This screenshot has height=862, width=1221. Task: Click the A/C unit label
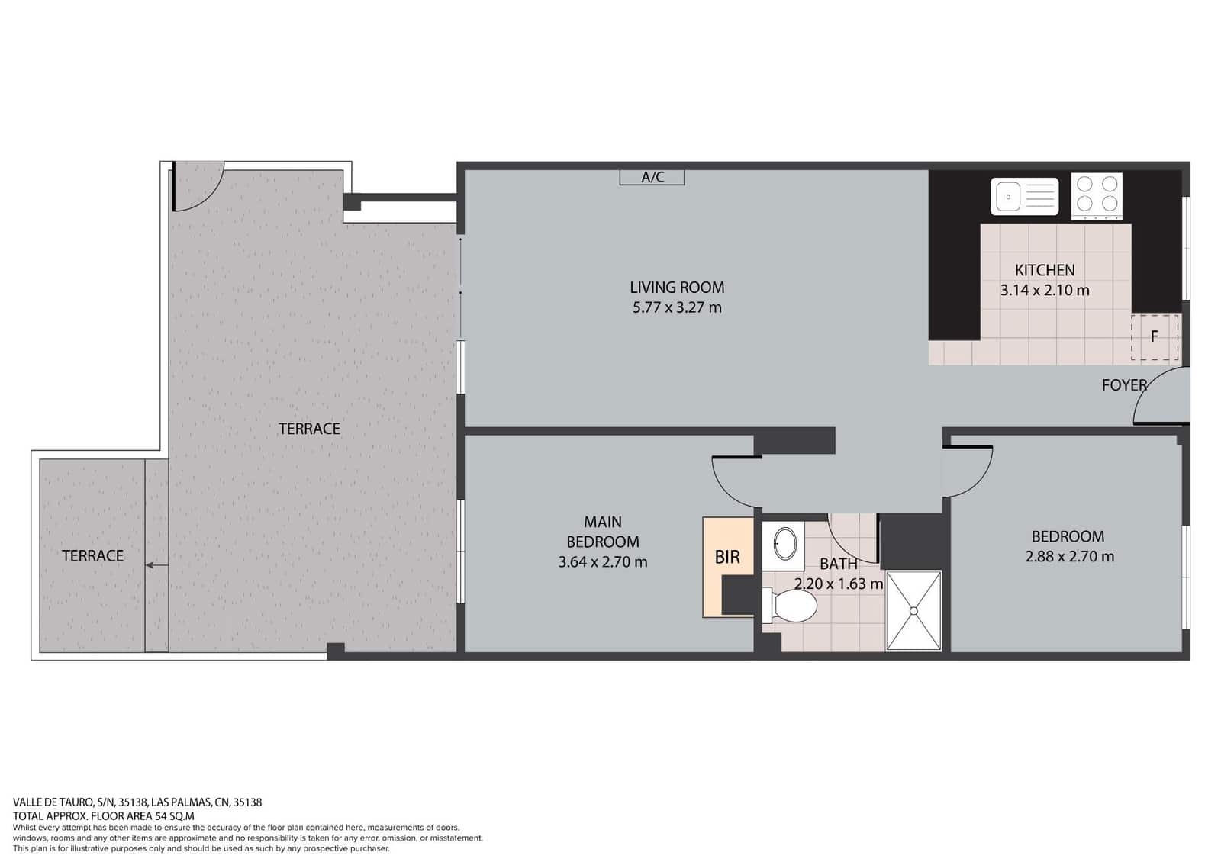pos(652,178)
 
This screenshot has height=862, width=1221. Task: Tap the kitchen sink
pos(1024,196)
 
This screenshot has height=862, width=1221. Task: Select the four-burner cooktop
pos(1096,195)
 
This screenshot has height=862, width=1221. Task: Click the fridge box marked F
pos(1155,336)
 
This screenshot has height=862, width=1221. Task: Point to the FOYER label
pos(1123,385)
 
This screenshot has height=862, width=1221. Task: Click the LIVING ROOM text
pos(677,288)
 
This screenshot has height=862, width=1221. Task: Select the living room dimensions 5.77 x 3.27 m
pos(677,308)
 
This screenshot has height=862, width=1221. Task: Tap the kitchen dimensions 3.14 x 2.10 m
pos(1044,291)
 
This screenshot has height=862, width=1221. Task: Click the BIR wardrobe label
pos(727,557)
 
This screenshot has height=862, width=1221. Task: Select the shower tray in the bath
pos(913,611)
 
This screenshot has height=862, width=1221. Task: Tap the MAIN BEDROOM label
pos(602,532)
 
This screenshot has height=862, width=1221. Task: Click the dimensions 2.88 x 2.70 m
pos(1069,557)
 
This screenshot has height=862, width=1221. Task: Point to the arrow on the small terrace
pos(156,565)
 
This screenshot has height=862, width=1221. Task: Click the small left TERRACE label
pos(92,556)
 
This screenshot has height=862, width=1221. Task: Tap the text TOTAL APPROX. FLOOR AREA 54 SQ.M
pos(104,815)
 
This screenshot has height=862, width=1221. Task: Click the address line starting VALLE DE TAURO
pos(137,802)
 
